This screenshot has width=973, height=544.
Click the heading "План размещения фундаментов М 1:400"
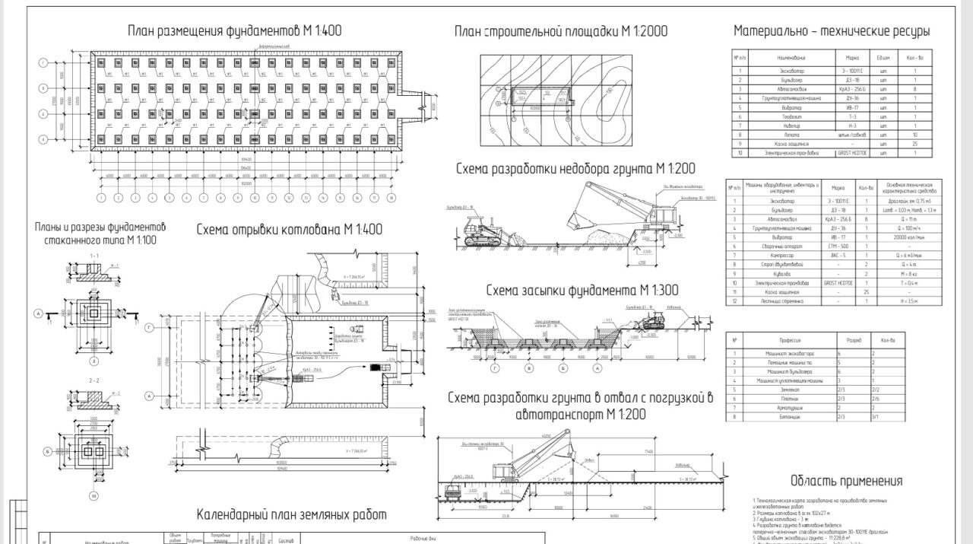pos(234,31)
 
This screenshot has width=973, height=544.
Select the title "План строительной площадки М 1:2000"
pos(561,31)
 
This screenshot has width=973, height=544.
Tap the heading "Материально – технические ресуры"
pos(832,31)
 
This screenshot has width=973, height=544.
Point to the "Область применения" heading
pos(846,481)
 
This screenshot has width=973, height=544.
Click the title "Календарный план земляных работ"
pos(291,515)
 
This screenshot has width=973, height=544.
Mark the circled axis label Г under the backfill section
pos(495,367)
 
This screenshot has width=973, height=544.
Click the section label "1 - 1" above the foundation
pos(93,256)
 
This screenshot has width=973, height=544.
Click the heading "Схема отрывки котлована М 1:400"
pos(290,229)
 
